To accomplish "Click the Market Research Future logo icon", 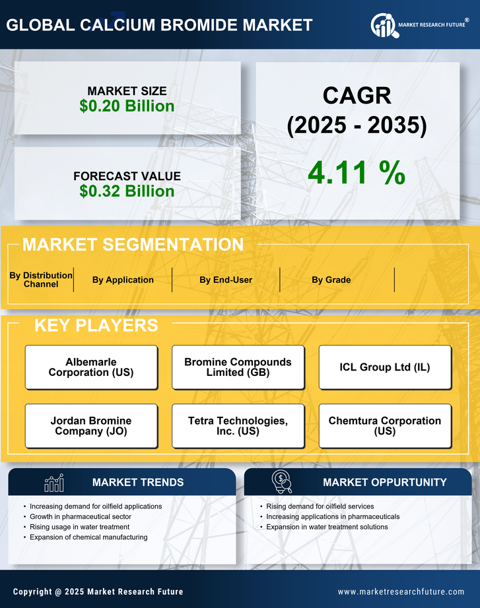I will point(383,25).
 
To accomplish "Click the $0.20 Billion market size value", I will point(127,106).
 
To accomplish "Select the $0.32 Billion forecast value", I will point(127,191).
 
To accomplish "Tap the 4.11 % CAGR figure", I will point(357,173).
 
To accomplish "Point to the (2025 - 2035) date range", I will point(357,125).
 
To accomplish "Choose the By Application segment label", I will point(123,280).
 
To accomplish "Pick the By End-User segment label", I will point(226,280).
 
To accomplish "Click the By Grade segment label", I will point(331,280).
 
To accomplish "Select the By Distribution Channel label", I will point(41,280).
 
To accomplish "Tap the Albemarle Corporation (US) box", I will point(91,367).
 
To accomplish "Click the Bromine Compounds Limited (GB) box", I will point(238,367).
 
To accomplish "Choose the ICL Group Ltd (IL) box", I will point(385,367).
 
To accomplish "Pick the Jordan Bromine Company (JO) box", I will point(91,426).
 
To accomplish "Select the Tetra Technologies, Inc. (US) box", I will point(238,426).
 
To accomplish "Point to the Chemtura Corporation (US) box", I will point(385,426).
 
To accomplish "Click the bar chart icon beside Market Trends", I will point(54,483).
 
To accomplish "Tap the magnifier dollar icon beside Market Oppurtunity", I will point(282,482).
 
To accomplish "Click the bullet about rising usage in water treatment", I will point(80,527).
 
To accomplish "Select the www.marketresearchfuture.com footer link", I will point(401,592).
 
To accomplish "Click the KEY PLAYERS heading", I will point(96,325).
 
